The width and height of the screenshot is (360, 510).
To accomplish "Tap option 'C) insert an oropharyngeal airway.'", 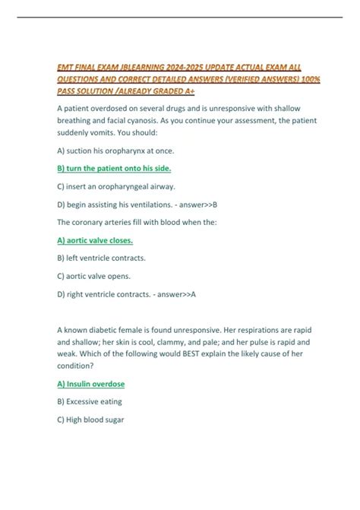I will click(x=116, y=186).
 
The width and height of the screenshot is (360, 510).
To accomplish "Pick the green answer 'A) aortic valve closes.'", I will click(x=95, y=240).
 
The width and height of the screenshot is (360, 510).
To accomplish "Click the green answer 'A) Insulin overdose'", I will click(x=91, y=384).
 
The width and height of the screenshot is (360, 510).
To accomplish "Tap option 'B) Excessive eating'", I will click(x=90, y=401).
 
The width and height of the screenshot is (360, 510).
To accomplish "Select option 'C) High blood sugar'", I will click(x=90, y=420).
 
